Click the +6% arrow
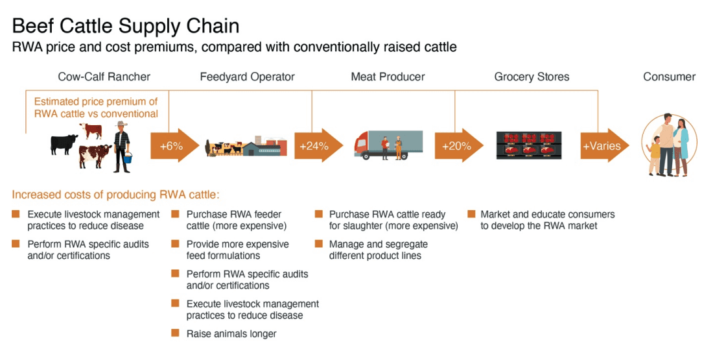174,145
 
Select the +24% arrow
318,145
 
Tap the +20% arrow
459,145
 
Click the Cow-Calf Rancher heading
104,77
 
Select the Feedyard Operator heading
247,77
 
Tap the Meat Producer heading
388,77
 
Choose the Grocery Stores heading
532,77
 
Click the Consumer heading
669,77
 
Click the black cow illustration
64,144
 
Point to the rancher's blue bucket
128,158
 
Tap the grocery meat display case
529,145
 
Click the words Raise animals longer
231,333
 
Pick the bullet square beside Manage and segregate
319,244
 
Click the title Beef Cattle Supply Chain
125,25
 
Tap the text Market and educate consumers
547,214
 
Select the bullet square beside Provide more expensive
175,244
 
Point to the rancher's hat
121,123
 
